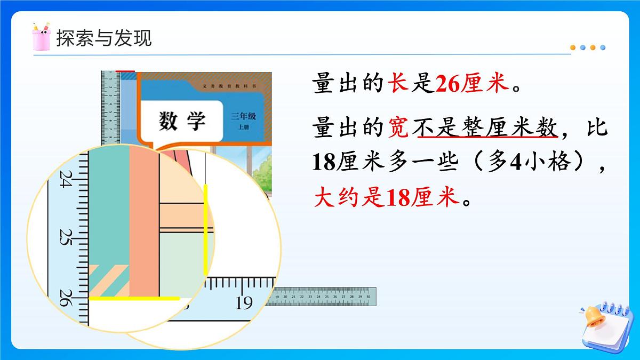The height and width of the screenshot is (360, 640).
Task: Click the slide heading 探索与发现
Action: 104,38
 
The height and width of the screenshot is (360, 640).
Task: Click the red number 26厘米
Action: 471,84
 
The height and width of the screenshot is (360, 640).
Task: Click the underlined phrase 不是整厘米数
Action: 487,129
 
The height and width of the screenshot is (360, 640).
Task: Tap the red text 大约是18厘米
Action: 387,199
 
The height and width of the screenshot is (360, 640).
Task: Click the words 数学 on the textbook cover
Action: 182,122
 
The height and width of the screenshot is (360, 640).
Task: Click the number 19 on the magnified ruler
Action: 244,302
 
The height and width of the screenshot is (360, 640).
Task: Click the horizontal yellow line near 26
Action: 134,299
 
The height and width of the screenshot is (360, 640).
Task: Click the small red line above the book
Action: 125,71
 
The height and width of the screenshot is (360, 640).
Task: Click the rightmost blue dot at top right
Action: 603,47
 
